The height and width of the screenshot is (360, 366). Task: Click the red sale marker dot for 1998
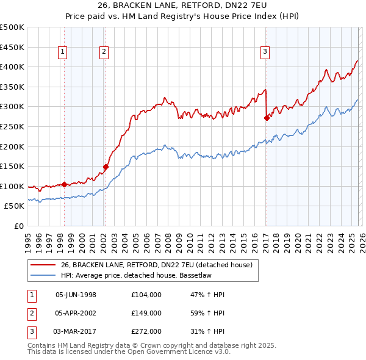tap(64, 184)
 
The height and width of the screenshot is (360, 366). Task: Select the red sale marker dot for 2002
tap(106, 166)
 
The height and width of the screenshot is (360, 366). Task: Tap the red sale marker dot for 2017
tap(267, 118)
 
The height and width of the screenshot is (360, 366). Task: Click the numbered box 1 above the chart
tap(63, 52)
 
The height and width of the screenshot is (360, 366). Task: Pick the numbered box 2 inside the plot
tap(104, 52)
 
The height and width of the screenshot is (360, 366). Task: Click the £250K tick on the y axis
tap(12, 126)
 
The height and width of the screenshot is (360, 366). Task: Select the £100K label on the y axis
tap(12, 186)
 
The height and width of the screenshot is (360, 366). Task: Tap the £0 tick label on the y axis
tap(18, 226)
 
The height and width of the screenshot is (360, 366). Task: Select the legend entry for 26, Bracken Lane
tap(160, 265)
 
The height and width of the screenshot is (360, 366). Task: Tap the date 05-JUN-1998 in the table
tap(76, 295)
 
